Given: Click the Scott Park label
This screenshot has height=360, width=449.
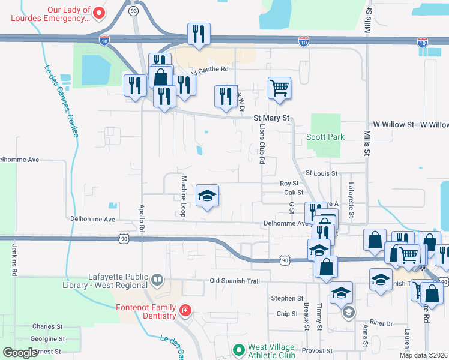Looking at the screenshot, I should coord(325,137).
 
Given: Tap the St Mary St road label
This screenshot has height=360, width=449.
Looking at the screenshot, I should coord(271,118).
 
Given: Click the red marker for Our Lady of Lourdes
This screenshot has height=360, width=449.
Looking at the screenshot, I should coord(100,13).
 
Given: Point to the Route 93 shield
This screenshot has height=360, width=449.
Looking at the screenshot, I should coord(133,11).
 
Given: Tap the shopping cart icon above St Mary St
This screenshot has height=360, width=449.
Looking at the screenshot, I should coord(280,88).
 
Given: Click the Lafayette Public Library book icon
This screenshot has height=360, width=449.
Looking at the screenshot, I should coord(157,280).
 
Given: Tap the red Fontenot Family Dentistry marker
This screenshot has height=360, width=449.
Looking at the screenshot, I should coord(186,310).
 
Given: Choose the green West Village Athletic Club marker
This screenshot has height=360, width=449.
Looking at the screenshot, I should coord(239,349).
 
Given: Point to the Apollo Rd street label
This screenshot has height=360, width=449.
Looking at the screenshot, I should coord(142,218).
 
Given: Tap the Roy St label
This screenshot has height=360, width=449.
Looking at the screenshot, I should coord(289,183).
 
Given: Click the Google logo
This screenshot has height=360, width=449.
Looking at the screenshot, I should coord(20,353).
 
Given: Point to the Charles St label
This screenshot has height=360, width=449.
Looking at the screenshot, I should coord(44,326).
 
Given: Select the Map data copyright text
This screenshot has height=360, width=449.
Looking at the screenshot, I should coord(423,355).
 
